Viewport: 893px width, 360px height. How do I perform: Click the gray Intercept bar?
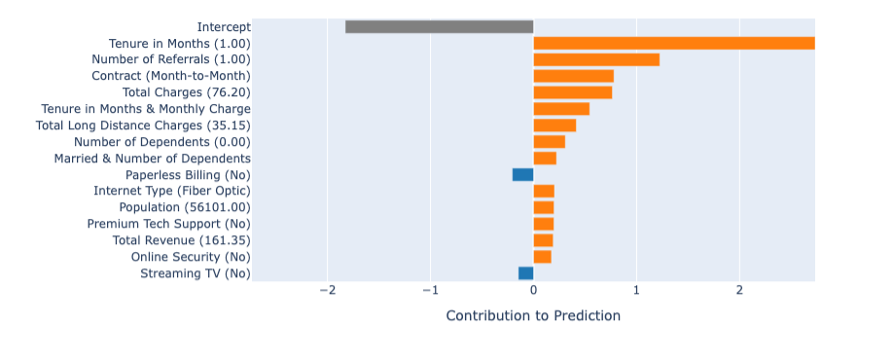pyautogui.click(x=439, y=26)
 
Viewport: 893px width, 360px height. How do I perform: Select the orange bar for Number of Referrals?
pyautogui.click(x=596, y=59)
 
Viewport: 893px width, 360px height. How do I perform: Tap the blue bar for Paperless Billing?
pyautogui.click(x=522, y=174)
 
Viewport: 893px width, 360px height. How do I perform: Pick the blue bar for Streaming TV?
pyautogui.click(x=525, y=273)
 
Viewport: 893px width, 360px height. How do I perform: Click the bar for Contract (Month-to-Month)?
pyautogui.click(x=573, y=76)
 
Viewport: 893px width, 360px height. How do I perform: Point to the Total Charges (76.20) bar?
pyautogui.click(x=572, y=92)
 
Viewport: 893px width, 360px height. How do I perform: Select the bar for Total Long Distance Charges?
pyautogui.click(x=554, y=125)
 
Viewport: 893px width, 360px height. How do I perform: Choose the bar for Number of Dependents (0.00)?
pyautogui.click(x=549, y=141)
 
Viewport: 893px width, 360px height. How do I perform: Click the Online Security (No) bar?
pyautogui.click(x=542, y=257)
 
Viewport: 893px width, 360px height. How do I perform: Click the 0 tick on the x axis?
pyautogui.click(x=533, y=290)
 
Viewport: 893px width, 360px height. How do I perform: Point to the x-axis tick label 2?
pyautogui.click(x=739, y=290)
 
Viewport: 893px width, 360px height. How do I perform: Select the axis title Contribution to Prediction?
pyautogui.click(x=532, y=315)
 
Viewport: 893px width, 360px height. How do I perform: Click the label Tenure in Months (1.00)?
pyautogui.click(x=179, y=43)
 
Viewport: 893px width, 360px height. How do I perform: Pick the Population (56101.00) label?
pyautogui.click(x=184, y=207)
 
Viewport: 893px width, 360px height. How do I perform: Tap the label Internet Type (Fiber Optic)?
pyautogui.click(x=171, y=191)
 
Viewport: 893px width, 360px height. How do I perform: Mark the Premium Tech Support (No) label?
pyautogui.click(x=168, y=224)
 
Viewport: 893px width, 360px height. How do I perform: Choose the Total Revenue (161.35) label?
pyautogui.click(x=181, y=240)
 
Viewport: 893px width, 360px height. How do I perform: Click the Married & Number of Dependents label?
pyautogui.click(x=152, y=158)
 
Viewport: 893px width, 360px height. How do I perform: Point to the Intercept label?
pyautogui.click(x=223, y=26)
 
